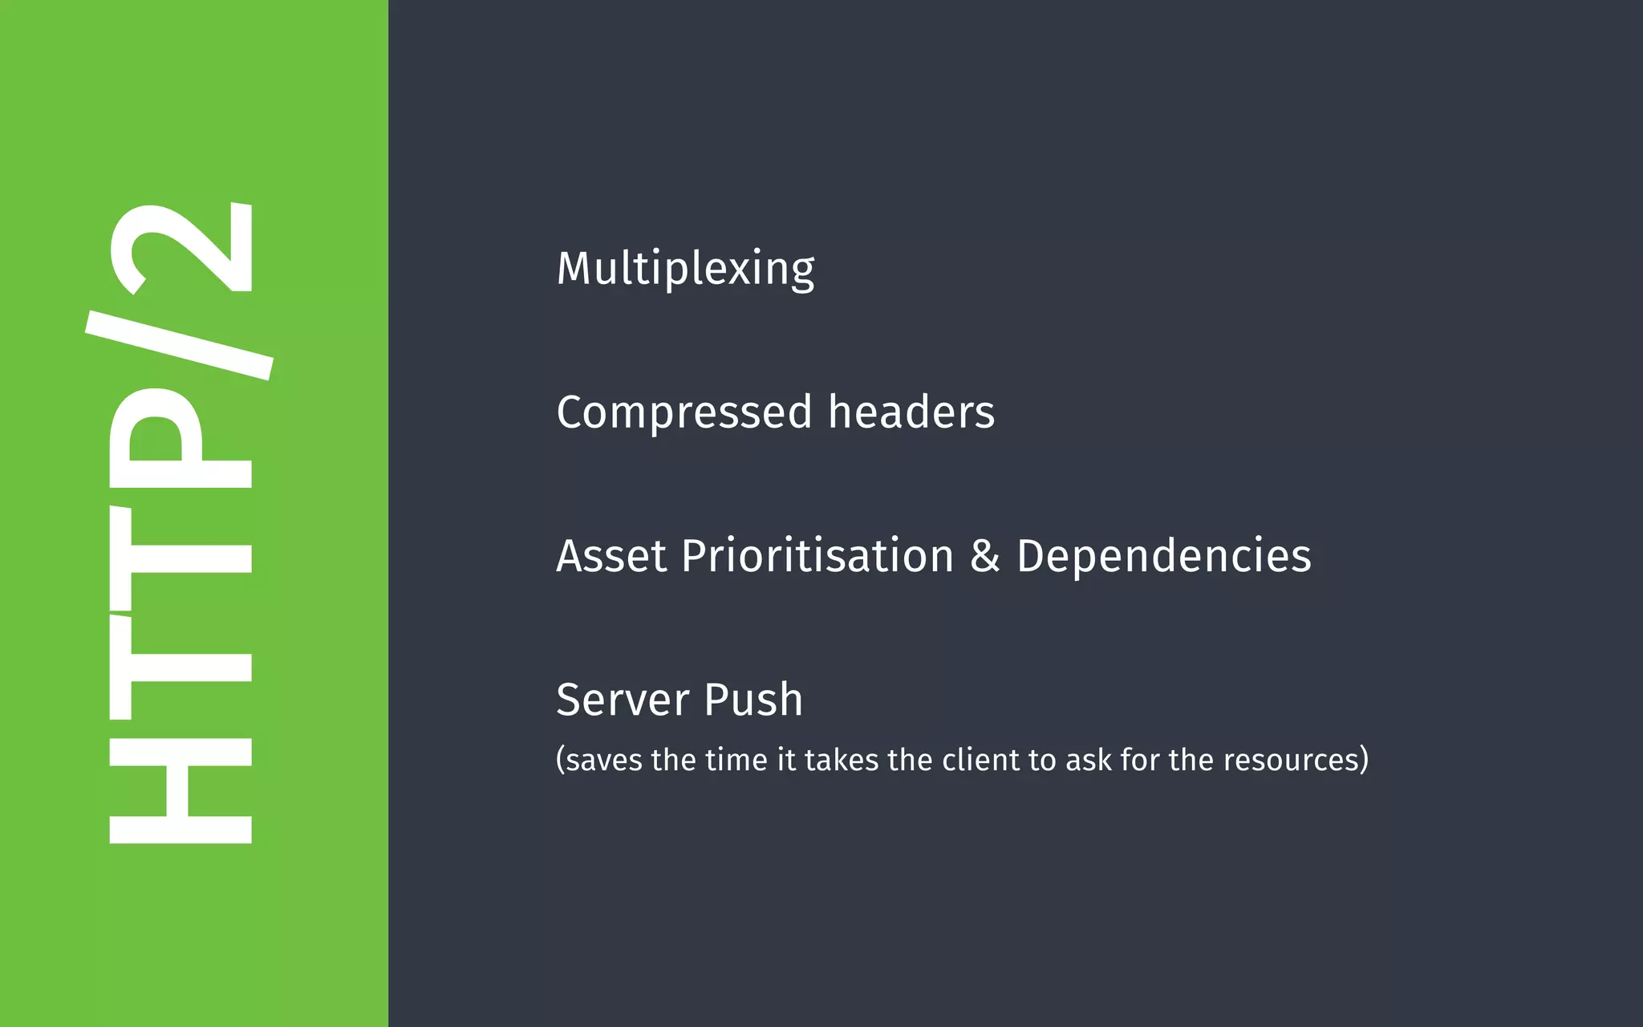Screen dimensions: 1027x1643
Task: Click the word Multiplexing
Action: (685, 269)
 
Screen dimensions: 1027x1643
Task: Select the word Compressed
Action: (684, 412)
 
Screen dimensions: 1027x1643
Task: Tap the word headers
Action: (911, 412)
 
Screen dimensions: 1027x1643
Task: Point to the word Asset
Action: (611, 556)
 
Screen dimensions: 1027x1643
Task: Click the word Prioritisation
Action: (817, 556)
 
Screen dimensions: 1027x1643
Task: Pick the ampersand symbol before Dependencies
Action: (985, 556)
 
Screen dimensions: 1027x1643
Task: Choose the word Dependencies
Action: (1163, 556)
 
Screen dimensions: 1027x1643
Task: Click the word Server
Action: (623, 700)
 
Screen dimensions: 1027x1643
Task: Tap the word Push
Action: (753, 700)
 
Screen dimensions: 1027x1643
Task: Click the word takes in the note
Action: (842, 760)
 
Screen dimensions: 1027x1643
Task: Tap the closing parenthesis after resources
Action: (1364, 760)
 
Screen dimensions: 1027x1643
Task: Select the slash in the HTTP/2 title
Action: (180, 345)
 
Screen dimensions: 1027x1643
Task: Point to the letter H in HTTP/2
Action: (181, 790)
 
